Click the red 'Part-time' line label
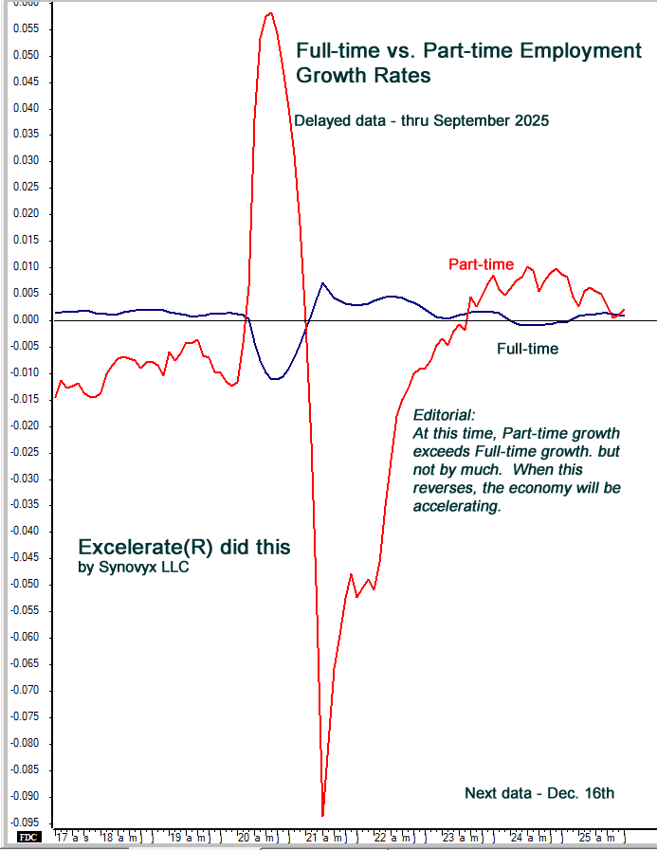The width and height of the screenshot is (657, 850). (482, 264)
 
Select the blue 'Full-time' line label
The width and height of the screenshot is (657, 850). (527, 349)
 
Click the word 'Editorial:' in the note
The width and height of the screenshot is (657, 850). (445, 416)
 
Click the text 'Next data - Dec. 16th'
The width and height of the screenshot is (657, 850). (539, 792)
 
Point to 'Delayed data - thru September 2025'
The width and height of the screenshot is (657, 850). (422, 121)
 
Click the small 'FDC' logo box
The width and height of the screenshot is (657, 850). (27, 838)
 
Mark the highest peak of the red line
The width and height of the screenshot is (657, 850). (271, 12)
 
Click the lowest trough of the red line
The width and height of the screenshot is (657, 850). (323, 815)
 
